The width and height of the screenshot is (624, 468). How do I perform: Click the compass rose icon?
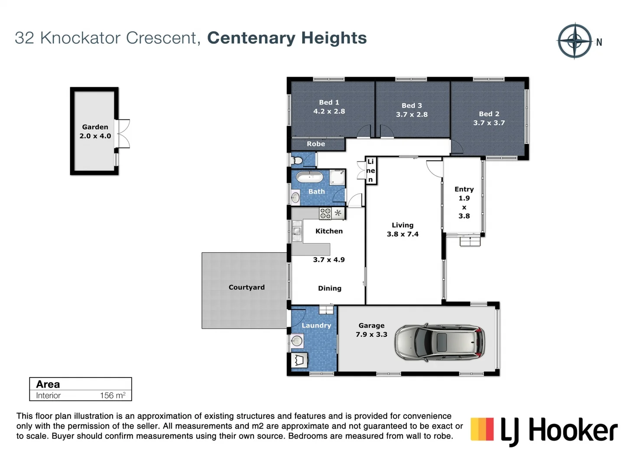[x=575, y=41]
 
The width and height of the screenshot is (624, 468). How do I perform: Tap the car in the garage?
[x=439, y=342]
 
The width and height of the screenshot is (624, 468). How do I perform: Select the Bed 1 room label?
[x=329, y=102]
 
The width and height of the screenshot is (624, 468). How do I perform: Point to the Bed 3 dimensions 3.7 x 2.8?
[x=412, y=114]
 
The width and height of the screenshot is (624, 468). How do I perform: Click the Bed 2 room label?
[x=489, y=114]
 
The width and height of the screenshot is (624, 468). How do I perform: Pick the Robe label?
[x=316, y=144]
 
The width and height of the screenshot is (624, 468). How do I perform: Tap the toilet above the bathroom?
[x=298, y=161]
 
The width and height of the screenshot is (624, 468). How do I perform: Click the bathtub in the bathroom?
[x=309, y=177]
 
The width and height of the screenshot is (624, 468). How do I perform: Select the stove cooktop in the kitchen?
[x=325, y=213]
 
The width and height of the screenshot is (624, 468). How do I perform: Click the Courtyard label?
[x=247, y=287]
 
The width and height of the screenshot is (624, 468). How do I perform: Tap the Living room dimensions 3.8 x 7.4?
[x=403, y=234]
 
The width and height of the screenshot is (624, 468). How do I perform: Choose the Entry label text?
[x=464, y=189]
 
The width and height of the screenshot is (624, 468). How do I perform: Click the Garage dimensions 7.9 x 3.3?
[x=371, y=335]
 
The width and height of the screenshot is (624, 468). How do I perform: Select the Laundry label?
[x=316, y=325]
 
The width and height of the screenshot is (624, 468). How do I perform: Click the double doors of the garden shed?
[x=123, y=133]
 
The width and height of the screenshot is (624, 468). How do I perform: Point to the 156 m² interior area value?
[x=113, y=395]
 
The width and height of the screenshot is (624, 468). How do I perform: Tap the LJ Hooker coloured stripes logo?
[x=482, y=429]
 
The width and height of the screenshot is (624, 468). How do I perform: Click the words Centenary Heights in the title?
[x=287, y=38]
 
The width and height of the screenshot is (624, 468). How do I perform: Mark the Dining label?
[x=330, y=288]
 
